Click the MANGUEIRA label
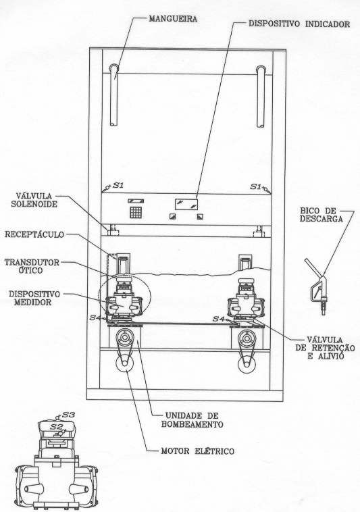[x=173, y=19]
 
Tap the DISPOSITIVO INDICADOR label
[x=299, y=24]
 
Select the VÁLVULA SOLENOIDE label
[x=34, y=200]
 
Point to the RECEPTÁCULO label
[x=34, y=234]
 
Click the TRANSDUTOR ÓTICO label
[x=32, y=266]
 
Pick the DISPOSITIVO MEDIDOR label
[x=34, y=298]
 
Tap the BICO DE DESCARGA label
[x=322, y=215]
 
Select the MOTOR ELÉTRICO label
[x=197, y=451]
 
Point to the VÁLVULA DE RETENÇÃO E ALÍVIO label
[x=325, y=348]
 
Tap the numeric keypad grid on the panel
[x=136, y=213]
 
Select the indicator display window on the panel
[x=186, y=204]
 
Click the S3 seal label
[x=68, y=415]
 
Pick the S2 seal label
[x=56, y=426]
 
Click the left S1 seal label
[x=118, y=186]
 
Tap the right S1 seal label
[x=256, y=186]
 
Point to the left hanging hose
[x=113, y=95]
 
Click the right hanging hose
[x=261, y=97]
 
